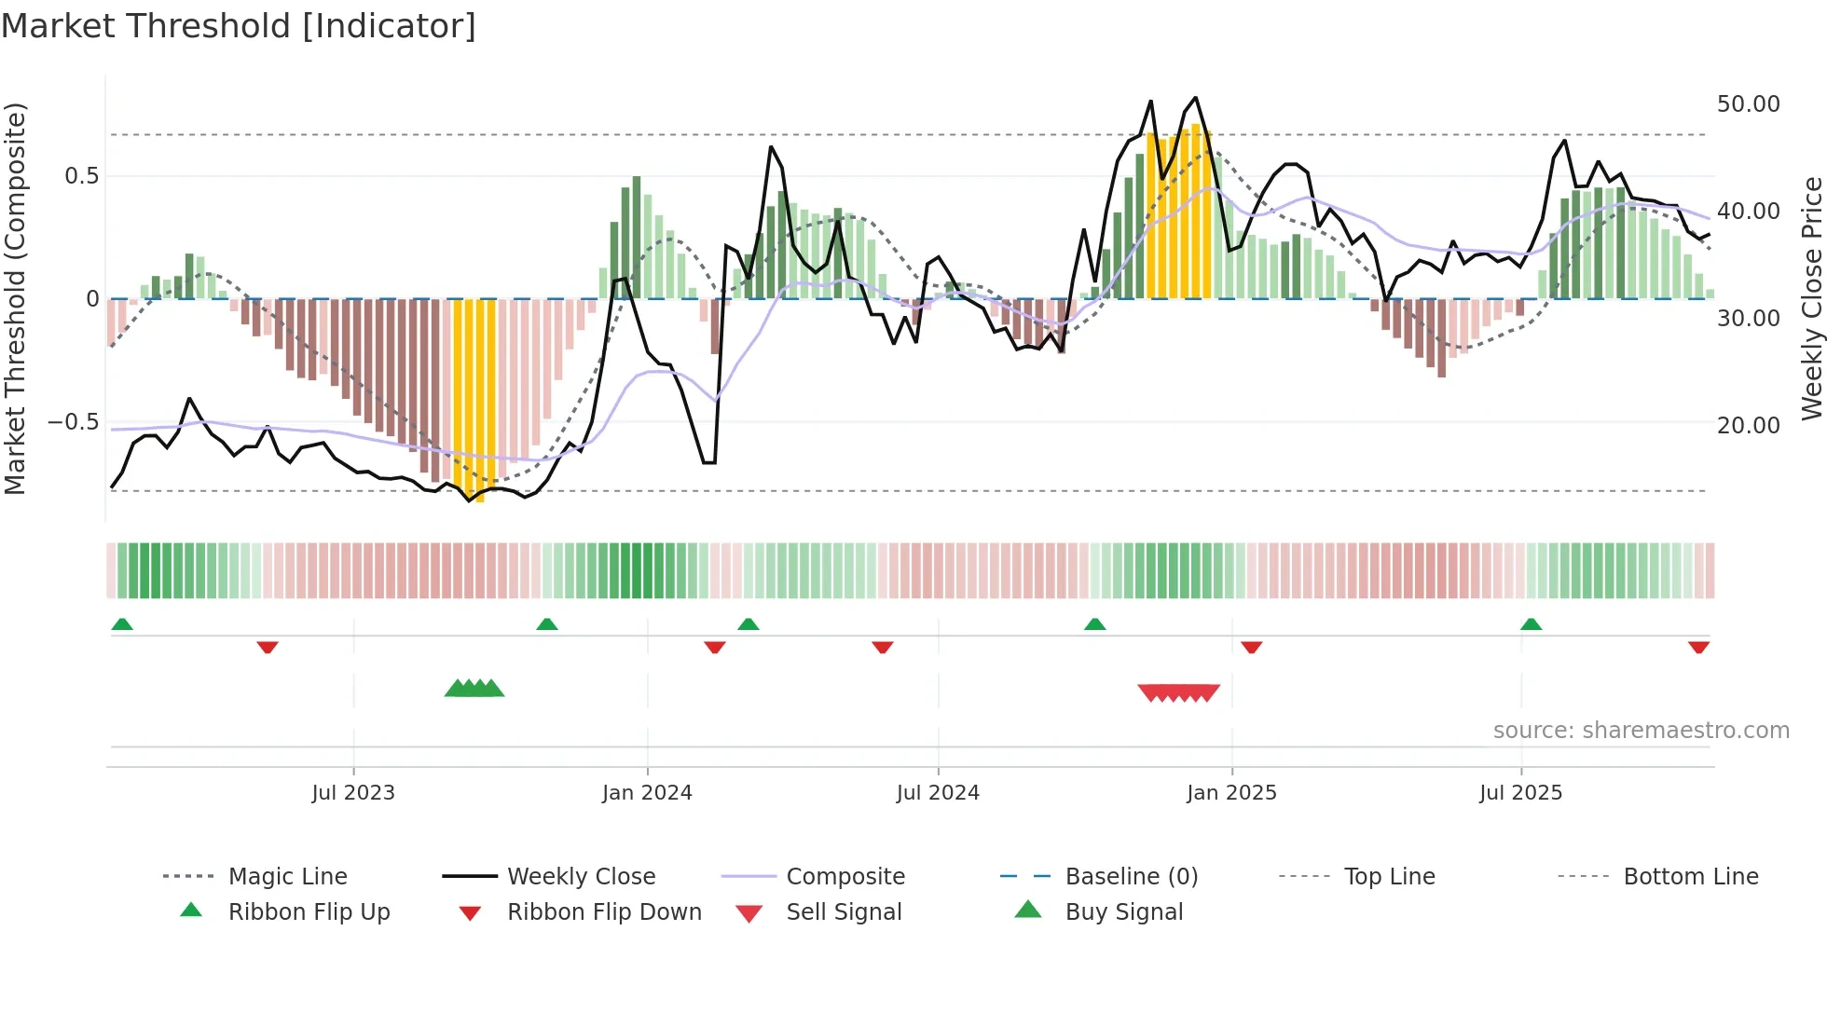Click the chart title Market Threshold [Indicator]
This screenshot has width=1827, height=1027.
239,26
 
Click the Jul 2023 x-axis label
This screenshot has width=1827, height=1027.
353,793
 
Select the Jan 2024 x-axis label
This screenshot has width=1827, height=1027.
647,793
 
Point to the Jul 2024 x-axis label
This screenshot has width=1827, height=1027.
938,793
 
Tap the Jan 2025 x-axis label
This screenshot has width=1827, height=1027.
1231,793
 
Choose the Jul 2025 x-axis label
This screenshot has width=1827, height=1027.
1520,793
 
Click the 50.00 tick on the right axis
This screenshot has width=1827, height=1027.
1748,104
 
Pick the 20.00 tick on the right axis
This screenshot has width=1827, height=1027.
1748,426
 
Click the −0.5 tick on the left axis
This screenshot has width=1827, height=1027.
74,422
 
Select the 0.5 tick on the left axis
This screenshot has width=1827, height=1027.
81,176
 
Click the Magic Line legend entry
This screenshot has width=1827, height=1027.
287,877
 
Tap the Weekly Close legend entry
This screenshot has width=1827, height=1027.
581,877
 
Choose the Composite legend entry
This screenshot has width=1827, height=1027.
845,877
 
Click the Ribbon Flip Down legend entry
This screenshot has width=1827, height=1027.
603,912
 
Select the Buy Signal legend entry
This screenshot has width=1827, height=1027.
1123,912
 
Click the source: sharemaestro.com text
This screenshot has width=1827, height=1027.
1641,731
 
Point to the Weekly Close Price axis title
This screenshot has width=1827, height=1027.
1811,298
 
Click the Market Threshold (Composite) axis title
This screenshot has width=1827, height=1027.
15,298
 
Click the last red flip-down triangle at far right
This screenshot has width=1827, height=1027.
1698,647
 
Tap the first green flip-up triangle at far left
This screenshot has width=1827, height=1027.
122,624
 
